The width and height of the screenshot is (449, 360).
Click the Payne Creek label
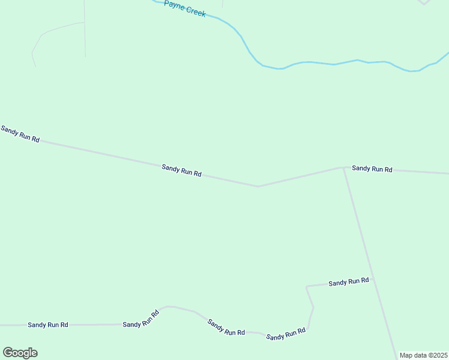pos(185,8)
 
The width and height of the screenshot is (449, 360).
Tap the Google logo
pos(20,353)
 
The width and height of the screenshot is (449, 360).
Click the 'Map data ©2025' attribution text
pos(423,355)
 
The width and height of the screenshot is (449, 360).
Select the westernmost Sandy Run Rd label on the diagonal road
pos(20,134)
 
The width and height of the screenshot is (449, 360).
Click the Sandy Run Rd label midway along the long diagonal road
pos(181,170)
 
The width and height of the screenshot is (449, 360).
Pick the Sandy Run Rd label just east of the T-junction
pos(372,169)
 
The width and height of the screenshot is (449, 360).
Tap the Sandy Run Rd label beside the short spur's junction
pos(348,281)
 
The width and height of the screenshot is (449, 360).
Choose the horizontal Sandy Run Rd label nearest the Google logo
pos(48,325)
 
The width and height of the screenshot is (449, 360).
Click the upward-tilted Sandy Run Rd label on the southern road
pos(141,319)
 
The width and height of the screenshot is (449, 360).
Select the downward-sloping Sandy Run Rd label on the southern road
pos(226,327)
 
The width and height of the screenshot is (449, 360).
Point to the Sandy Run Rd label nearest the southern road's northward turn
pos(286,334)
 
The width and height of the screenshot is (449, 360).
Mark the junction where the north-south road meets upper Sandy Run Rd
pos(343,167)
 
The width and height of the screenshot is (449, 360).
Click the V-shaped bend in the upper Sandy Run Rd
pos(258,186)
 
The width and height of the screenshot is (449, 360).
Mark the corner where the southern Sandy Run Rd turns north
pos(307,329)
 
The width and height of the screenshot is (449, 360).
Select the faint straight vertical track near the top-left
pos(85,30)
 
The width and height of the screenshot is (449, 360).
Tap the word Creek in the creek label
pos(196,12)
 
